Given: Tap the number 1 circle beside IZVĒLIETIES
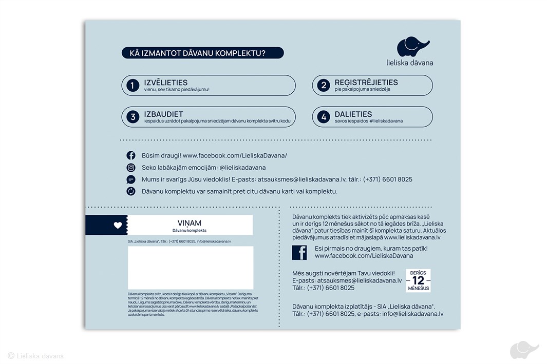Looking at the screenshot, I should [x=133, y=86].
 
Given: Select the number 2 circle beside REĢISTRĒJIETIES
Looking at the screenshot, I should [x=323, y=86].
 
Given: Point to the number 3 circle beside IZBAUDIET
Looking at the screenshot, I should [x=133, y=117].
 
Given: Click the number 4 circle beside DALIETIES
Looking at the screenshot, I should [x=323, y=117].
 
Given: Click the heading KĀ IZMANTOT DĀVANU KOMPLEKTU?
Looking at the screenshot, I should [x=202, y=53].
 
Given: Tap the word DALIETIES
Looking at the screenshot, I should [x=353, y=114].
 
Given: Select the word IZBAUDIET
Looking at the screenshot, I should [x=163, y=114].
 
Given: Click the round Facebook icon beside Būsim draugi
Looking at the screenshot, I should [x=131, y=155].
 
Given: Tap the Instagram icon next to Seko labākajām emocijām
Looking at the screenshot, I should [x=131, y=168].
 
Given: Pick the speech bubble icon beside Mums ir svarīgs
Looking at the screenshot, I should [x=131, y=179].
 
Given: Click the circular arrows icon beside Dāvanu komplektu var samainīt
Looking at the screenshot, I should [x=131, y=191].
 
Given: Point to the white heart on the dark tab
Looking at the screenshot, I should [x=118, y=225].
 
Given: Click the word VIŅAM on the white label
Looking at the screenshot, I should [x=190, y=223].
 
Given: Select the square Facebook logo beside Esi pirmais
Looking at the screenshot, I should [x=299, y=252].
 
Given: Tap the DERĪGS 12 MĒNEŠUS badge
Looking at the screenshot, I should [x=418, y=280].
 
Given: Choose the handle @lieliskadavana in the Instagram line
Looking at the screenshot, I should [x=242, y=168].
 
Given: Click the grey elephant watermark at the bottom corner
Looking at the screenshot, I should [x=524, y=350].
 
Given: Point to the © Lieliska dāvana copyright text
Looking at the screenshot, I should [x=36, y=356].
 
